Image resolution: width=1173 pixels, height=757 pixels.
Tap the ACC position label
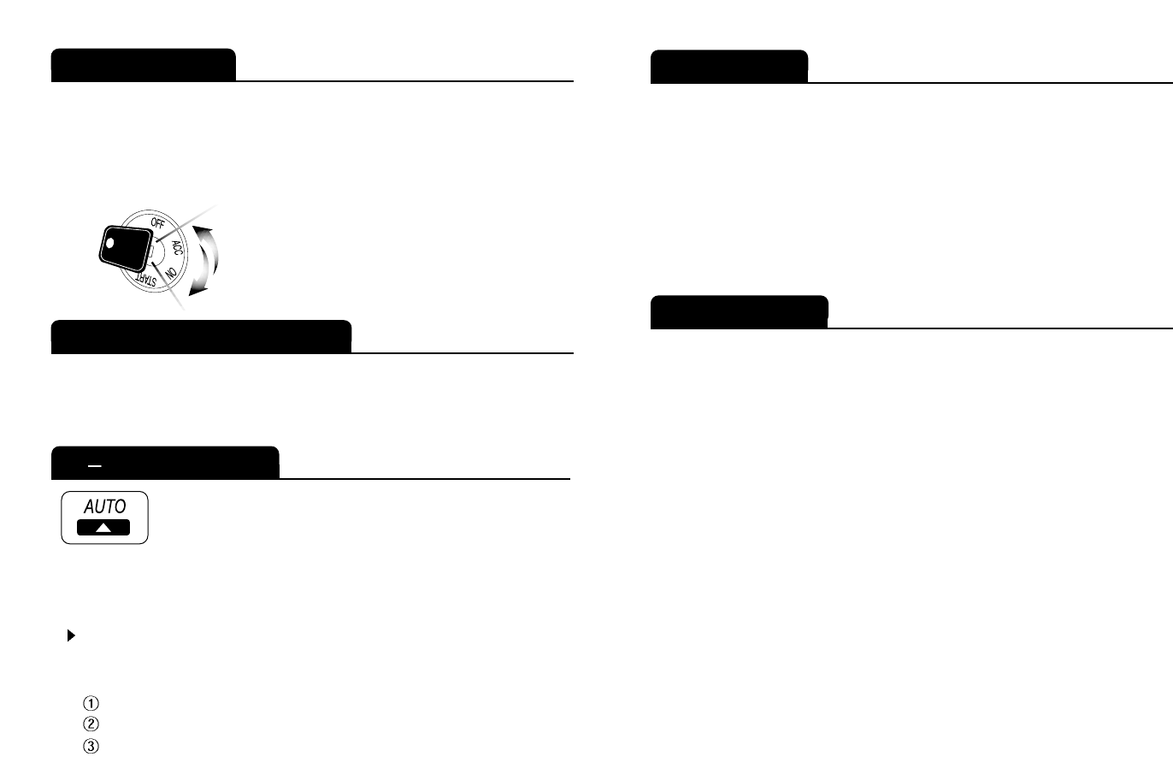pos(177,249)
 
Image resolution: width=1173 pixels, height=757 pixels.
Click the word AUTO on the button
pos(104,506)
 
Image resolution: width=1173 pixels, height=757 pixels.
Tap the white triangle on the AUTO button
pos(103,527)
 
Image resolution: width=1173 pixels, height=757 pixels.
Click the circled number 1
pos(91,703)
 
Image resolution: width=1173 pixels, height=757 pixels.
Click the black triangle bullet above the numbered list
pos(71,636)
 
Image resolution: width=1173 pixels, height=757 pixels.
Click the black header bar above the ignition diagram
pos(143,65)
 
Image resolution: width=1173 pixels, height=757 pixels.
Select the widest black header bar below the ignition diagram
pos(201,336)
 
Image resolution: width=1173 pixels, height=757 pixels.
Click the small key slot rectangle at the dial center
pos(151,254)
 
